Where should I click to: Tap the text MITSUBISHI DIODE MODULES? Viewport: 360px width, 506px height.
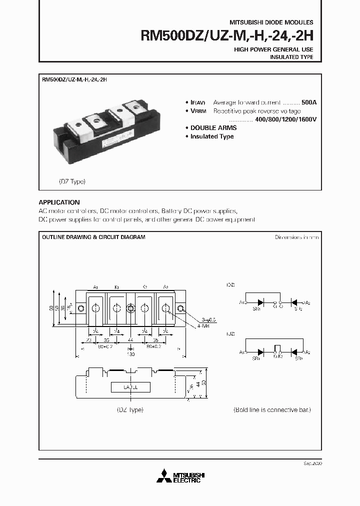click(x=271, y=22)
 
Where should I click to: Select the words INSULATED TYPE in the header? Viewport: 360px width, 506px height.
click(x=291, y=57)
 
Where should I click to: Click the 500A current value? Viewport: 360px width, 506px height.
click(x=308, y=102)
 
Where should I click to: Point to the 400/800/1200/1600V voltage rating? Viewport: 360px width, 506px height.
click(x=285, y=119)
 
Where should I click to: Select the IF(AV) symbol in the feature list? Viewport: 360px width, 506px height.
click(x=198, y=102)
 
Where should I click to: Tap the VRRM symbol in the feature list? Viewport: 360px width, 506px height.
click(x=199, y=111)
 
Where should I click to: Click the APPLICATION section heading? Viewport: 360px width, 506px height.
click(x=59, y=202)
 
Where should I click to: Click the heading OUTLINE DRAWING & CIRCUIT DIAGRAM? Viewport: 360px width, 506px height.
click(x=93, y=237)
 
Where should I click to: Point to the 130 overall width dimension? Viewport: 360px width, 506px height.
click(x=130, y=354)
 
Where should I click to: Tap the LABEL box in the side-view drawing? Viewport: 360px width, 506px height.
click(x=130, y=387)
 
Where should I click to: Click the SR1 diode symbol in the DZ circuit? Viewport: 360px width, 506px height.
click(x=260, y=302)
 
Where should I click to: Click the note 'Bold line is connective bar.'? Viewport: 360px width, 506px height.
click(x=272, y=409)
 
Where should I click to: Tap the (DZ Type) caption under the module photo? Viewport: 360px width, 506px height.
click(x=69, y=181)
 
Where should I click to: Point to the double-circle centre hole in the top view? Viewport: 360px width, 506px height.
click(x=130, y=308)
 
